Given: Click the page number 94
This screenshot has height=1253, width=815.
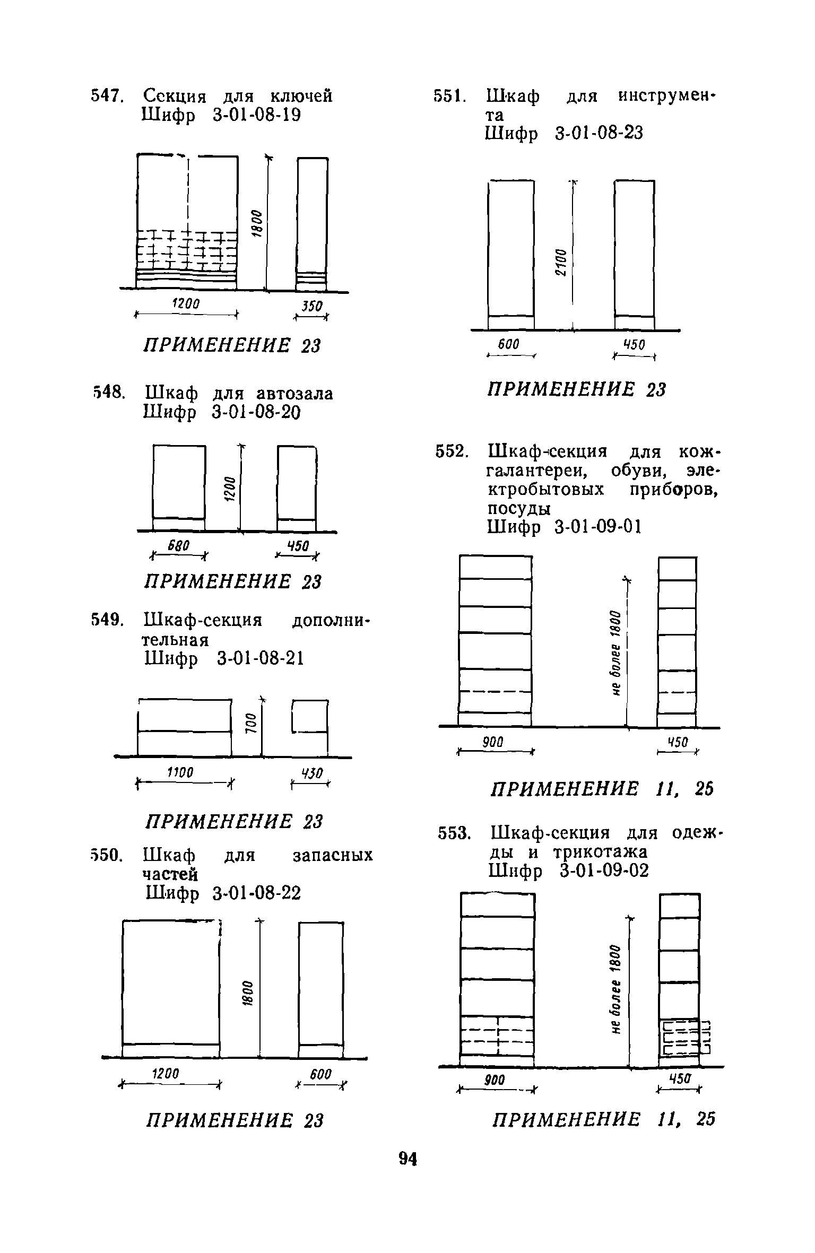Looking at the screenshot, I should tap(407, 1160).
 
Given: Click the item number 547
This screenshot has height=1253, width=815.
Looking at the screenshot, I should tap(107, 96).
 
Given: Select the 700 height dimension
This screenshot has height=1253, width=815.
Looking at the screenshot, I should tap(250, 723).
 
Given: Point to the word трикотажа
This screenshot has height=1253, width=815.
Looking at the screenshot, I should tap(600, 852).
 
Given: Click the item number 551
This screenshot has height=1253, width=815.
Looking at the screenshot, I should tap(450, 97).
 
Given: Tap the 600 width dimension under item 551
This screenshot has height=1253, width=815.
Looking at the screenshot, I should tap(508, 345).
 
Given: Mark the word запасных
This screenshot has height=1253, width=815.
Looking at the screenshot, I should tap(333, 856).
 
